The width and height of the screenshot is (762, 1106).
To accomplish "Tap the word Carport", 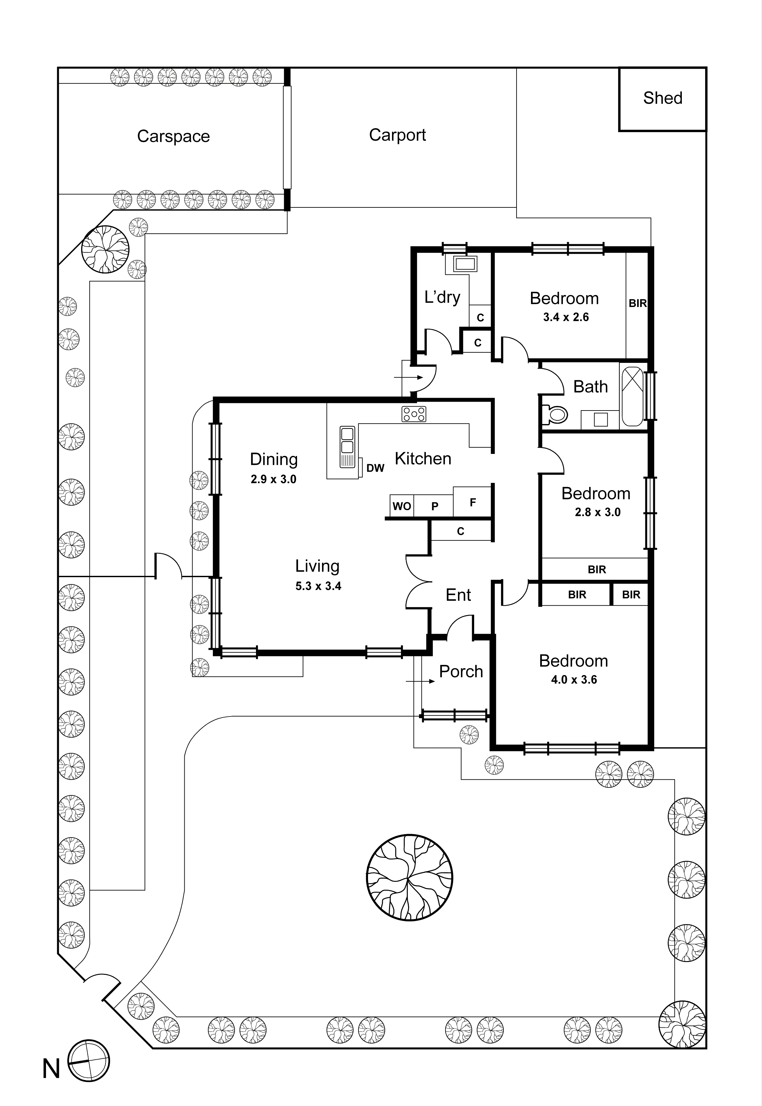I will (x=397, y=135).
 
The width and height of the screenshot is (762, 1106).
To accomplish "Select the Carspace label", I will (x=173, y=137).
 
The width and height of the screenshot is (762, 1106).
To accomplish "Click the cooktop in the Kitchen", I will (x=413, y=414).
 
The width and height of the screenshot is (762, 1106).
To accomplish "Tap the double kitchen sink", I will (x=347, y=446).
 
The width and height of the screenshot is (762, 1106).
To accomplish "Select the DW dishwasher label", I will (x=375, y=468).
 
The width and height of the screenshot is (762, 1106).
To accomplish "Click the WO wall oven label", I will (x=402, y=506).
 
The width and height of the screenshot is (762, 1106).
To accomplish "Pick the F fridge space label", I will (x=473, y=502).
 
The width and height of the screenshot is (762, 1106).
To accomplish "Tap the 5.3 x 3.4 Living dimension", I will (x=318, y=586).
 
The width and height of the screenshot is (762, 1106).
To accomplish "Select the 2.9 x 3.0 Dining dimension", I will (x=274, y=479).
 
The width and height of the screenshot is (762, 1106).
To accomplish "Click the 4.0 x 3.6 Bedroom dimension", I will (x=574, y=680).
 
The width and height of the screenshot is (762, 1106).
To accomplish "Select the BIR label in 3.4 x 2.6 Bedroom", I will (x=637, y=303).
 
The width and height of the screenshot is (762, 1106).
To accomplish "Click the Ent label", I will (x=458, y=595).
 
